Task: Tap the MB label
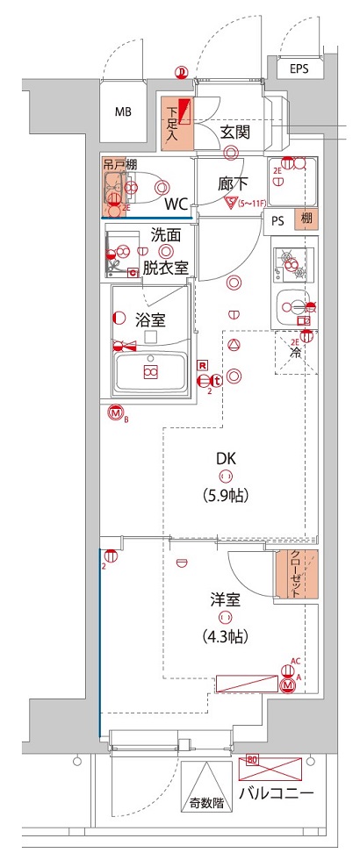pyautogui.click(x=124, y=112)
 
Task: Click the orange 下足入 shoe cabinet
pyautogui.click(x=176, y=119)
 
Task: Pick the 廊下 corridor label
pyautogui.click(x=234, y=184)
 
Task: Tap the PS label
pyautogui.click(x=277, y=221)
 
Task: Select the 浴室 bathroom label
pyautogui.click(x=150, y=321)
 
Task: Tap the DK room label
pyautogui.click(x=227, y=457)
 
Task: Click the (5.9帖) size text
pyautogui.click(x=227, y=495)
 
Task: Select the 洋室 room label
pyautogui.click(x=226, y=600)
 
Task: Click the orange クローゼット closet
pyautogui.click(x=296, y=575)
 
